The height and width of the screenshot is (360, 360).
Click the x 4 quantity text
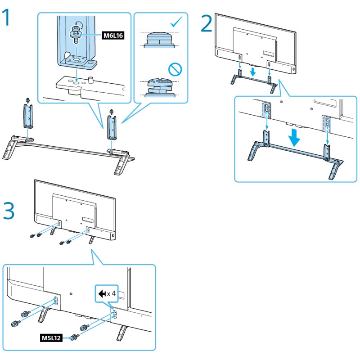coord(112,294)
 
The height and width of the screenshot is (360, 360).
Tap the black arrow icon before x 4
coord(102,294)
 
